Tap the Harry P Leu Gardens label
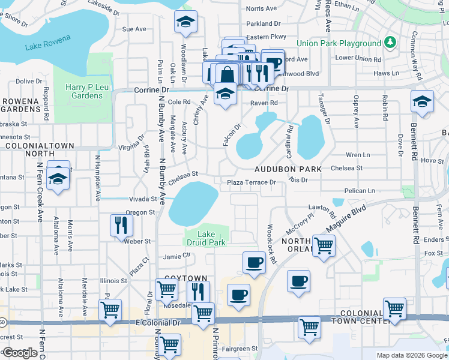click(x=83, y=92)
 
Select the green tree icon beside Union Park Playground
click(x=390, y=43)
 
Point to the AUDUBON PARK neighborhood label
click(x=288, y=169)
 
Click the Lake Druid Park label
click(x=206, y=238)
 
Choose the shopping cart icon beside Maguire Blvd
click(x=324, y=245)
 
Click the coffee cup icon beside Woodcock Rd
click(x=254, y=262)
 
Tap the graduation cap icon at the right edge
click(x=423, y=101)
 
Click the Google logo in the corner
click(x=19, y=353)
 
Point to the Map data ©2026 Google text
click(x=411, y=355)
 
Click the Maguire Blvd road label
click(x=346, y=221)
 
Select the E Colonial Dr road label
click(x=159, y=322)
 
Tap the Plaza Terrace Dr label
click(x=252, y=182)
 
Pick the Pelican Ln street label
click(x=360, y=190)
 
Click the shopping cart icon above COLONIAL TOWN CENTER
click(x=394, y=308)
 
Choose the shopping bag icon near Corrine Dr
click(x=228, y=75)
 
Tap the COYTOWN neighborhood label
click(x=182, y=279)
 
